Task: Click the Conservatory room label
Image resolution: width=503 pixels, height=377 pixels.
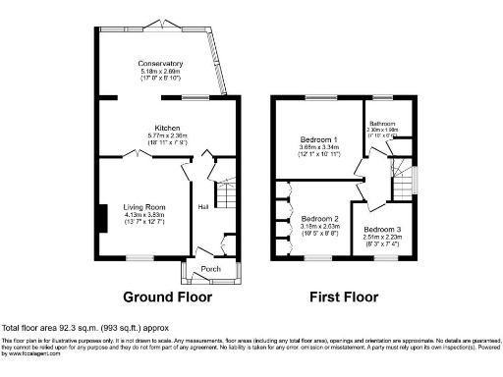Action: (x=161, y=64)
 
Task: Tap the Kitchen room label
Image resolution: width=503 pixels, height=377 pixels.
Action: (x=161, y=128)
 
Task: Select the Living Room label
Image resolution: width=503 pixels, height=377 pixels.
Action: (x=143, y=208)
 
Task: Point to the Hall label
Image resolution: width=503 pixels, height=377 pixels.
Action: (x=203, y=207)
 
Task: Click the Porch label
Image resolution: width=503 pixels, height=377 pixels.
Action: (x=210, y=268)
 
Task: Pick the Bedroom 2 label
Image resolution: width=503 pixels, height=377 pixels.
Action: (x=319, y=218)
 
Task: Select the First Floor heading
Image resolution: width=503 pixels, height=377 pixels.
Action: (x=342, y=296)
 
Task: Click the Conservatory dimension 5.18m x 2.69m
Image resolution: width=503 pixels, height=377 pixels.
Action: (x=161, y=72)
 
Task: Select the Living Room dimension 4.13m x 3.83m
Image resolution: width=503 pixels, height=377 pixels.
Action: (x=143, y=216)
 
